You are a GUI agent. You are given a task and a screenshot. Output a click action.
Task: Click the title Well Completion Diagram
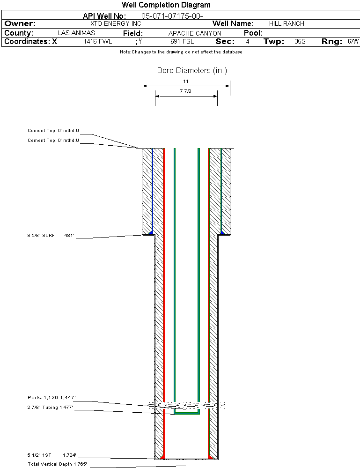(166, 5)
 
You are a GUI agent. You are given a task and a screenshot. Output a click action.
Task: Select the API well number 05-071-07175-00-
(172, 16)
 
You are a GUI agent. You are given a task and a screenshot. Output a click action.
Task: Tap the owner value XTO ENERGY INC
(116, 23)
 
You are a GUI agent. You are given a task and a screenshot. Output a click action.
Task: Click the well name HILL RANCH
(287, 23)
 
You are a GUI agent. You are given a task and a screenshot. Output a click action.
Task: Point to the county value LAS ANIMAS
(76, 33)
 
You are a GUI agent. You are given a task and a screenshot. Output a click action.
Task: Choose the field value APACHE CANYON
(195, 33)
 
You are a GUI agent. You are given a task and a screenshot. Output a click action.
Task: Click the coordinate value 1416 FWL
(98, 42)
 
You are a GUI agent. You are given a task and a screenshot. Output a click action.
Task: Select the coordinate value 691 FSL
(182, 42)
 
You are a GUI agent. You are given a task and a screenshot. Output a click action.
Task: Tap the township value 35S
(300, 42)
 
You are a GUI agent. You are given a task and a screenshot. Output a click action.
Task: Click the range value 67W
(353, 42)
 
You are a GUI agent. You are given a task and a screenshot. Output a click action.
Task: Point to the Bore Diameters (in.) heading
(192, 70)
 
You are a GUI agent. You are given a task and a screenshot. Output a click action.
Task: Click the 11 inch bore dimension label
(186, 81)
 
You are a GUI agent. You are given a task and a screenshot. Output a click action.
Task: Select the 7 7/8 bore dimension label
(185, 91)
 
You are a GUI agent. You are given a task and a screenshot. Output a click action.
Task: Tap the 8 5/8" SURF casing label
(41, 236)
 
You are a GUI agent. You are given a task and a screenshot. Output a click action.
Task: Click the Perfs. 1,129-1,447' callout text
(51, 398)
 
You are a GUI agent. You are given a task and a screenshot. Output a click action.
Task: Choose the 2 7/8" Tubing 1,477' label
(50, 408)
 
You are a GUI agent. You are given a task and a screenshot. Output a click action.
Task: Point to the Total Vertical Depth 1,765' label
(57, 464)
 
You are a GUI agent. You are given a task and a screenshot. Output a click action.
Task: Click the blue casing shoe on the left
(151, 232)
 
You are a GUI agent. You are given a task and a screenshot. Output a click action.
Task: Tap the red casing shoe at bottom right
(210, 457)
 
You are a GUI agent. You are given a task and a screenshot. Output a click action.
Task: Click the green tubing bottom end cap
(187, 413)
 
